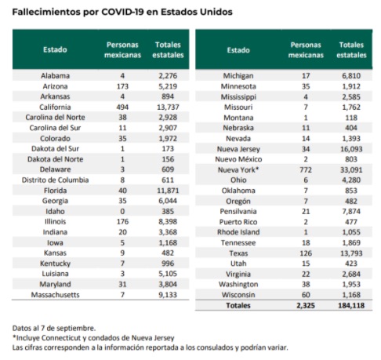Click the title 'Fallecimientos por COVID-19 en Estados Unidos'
coord(119,10)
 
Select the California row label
coord(55,106)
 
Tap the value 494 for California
coord(121,106)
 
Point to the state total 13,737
coord(170,106)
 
